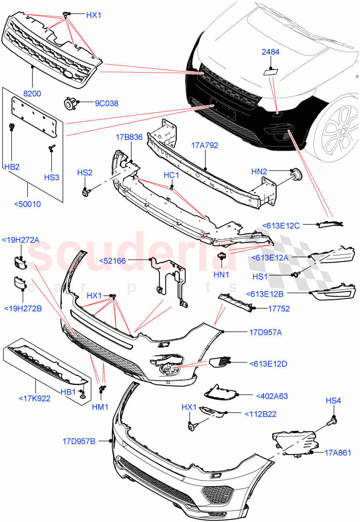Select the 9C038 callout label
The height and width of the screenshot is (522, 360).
107,104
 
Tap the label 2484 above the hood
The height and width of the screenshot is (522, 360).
270,52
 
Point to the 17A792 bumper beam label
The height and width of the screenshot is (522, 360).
204,145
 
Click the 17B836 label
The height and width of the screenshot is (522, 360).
129,137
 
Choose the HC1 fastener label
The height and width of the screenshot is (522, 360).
171,175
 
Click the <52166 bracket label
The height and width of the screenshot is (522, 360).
113,260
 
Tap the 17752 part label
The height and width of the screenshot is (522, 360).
279,309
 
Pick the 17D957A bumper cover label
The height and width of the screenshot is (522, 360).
265,332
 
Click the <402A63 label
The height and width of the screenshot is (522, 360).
272,396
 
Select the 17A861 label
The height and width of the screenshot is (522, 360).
337,452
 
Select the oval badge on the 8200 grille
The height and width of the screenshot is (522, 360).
69,75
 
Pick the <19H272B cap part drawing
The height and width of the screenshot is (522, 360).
18,284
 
